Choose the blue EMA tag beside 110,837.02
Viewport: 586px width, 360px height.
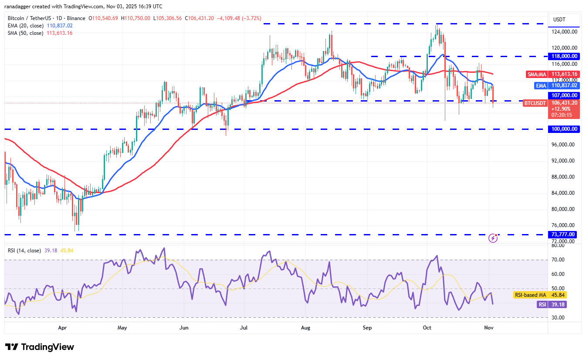(541, 86)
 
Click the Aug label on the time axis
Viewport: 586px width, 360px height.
(305, 327)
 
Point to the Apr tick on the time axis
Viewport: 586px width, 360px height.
(62, 327)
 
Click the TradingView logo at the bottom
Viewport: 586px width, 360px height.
(40, 347)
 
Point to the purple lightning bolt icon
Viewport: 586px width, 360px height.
(493, 238)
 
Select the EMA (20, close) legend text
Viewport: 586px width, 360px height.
(25, 26)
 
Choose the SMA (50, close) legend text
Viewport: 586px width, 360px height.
(25, 33)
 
